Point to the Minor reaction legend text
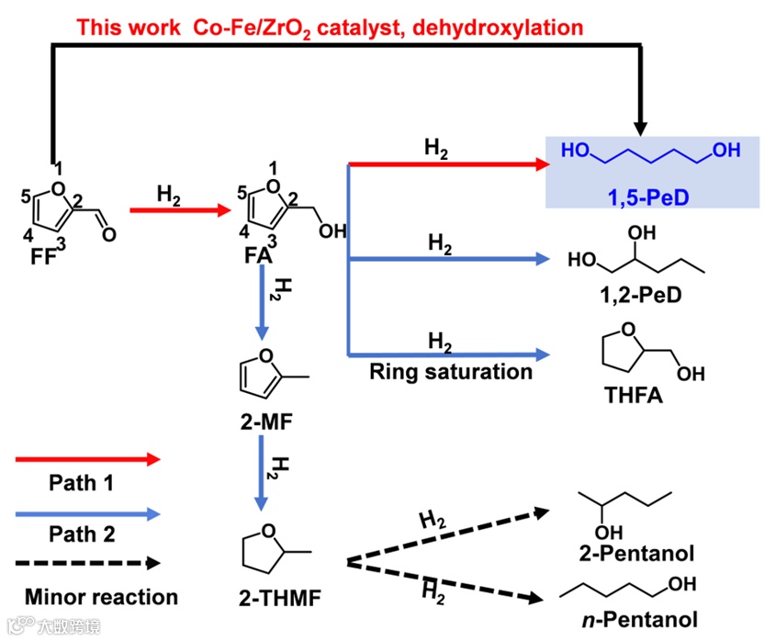[102, 596]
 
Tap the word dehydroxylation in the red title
[498, 28]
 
